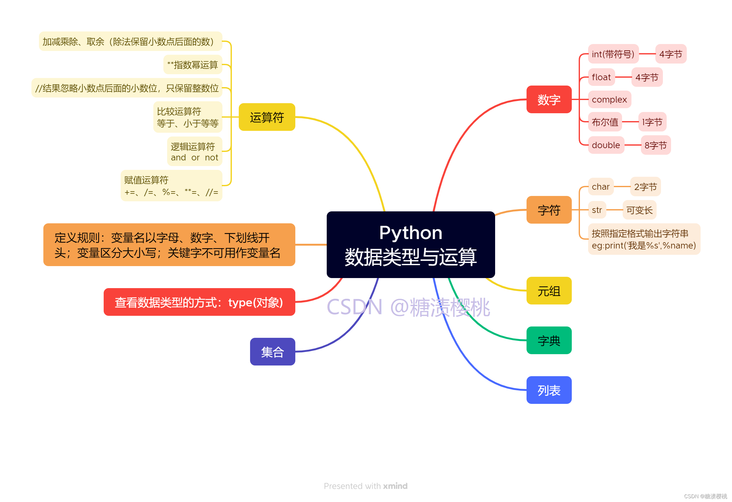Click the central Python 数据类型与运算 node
pos(410,244)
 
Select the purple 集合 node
pos(272,352)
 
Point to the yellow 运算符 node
pos(267,117)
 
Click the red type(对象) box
pos(199,302)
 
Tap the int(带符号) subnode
pos(613,54)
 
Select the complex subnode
pos(609,99)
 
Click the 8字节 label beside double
pos(655,145)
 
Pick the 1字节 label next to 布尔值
pos(652,122)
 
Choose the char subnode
pos(601,186)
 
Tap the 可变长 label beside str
pos(639,210)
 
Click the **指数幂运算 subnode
pos(193,65)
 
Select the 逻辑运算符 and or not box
pos(194,151)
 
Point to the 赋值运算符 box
pos(171,185)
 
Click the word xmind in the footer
pos(395,486)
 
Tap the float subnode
pos(601,77)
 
